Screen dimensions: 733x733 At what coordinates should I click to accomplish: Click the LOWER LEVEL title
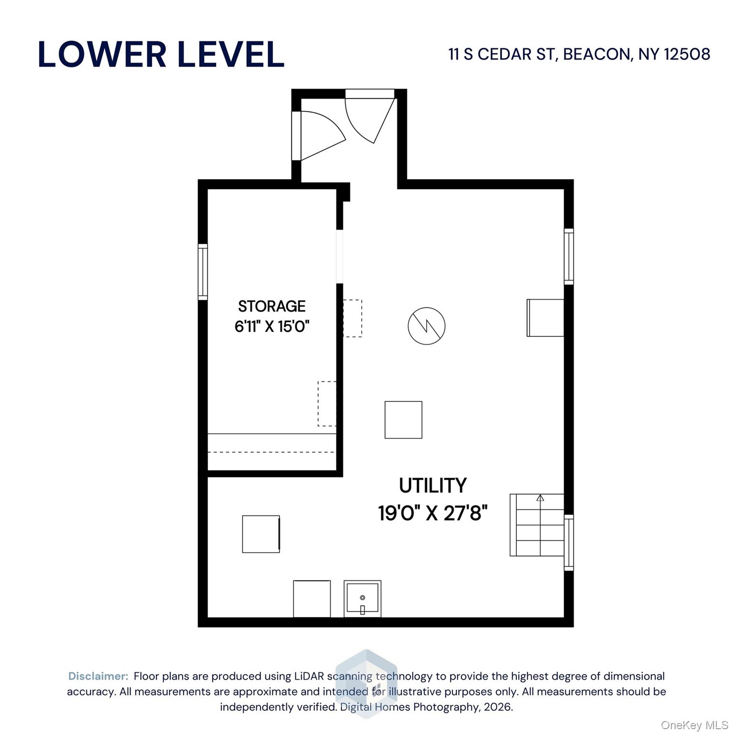161,54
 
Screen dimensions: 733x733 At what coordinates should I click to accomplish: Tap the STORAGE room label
272,306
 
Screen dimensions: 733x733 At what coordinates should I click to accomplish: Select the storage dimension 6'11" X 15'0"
272,327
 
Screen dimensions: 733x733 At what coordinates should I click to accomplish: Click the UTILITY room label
432,486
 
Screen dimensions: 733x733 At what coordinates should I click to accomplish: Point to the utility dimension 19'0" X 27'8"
432,513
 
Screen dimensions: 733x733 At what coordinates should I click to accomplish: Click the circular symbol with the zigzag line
426,326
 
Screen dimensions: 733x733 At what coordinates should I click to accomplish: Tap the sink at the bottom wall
362,598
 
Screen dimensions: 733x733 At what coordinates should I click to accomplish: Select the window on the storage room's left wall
203,272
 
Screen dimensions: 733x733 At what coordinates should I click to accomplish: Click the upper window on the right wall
568,257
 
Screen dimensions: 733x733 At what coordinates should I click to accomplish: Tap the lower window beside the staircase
568,543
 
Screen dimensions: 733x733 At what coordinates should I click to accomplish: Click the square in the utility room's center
403,419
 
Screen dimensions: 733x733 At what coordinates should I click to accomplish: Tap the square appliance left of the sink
312,598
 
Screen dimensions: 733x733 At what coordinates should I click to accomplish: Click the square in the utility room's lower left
261,534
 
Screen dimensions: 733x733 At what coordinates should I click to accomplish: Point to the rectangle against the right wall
545,318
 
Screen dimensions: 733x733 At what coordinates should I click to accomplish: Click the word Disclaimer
98,676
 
